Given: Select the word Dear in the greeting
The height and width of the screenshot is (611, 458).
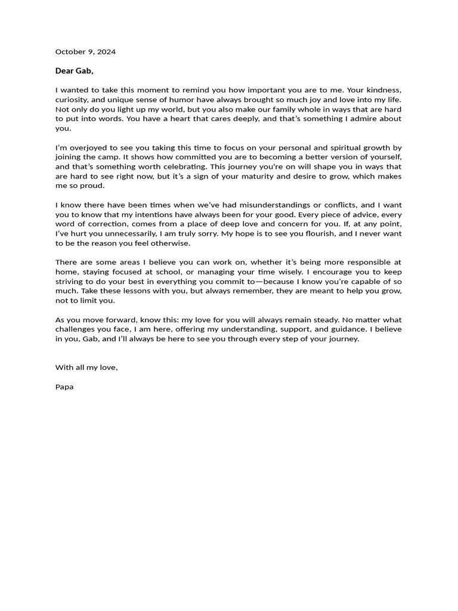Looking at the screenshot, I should [x=64, y=71].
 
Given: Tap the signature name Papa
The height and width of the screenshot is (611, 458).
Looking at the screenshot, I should [x=64, y=387].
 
